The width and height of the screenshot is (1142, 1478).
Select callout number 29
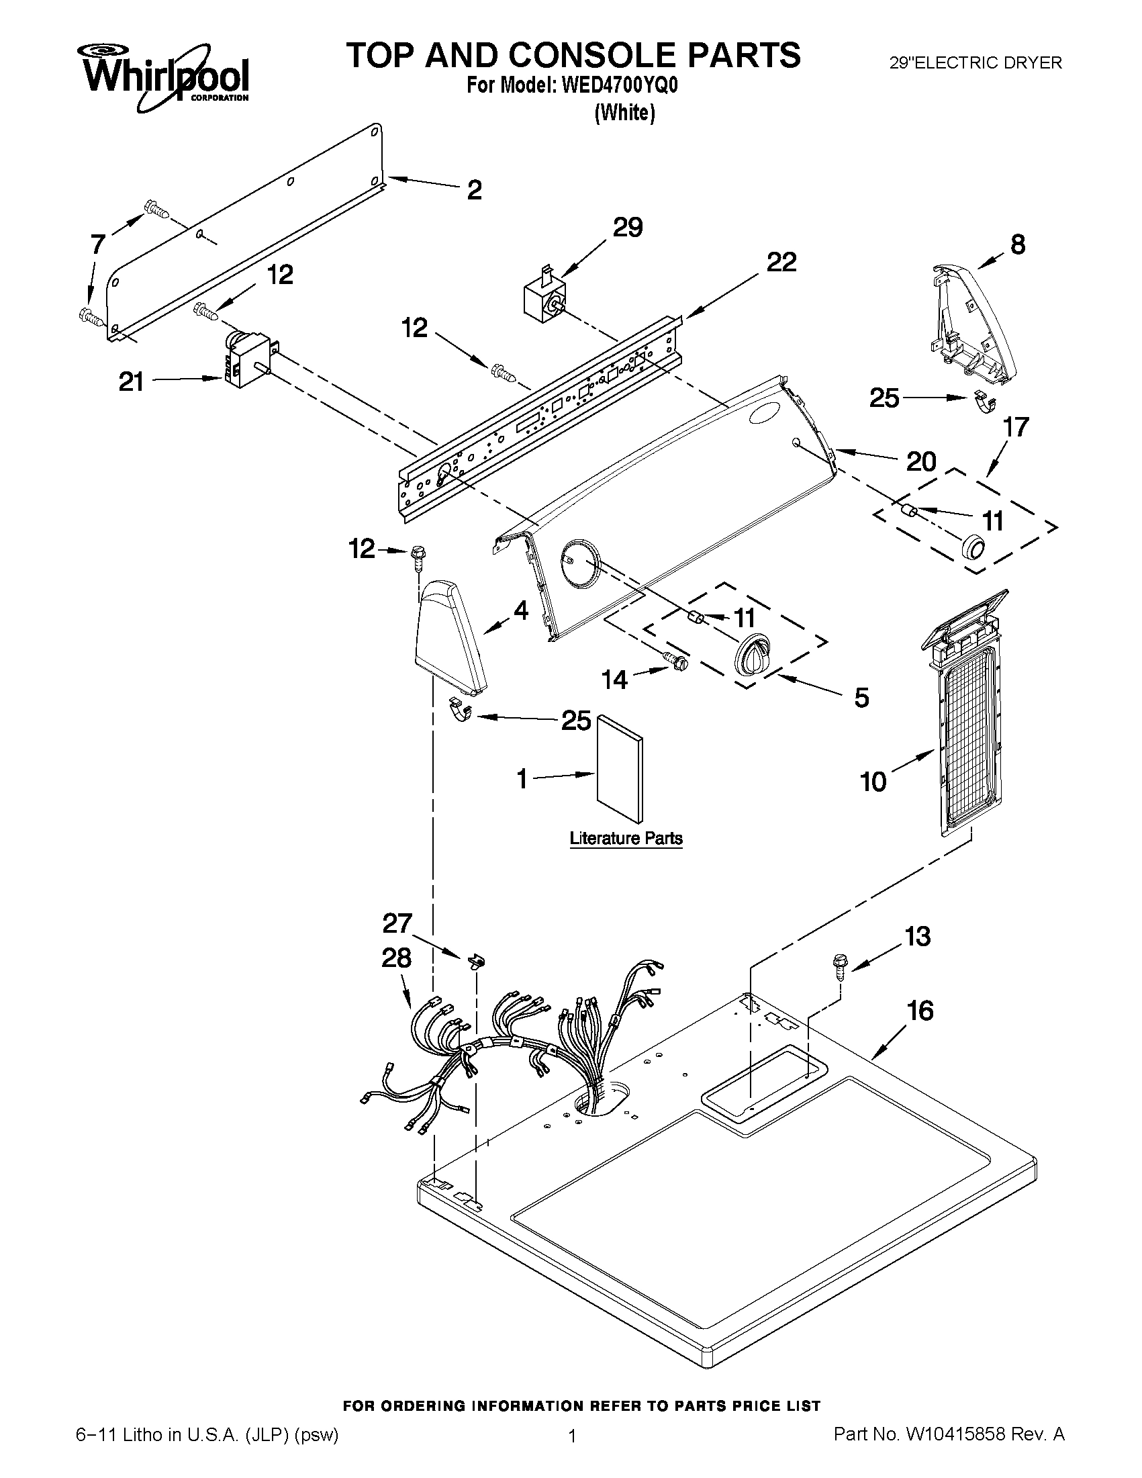coord(627,228)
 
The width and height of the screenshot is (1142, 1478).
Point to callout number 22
coord(781,262)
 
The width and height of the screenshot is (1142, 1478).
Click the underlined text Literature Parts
coord(626,839)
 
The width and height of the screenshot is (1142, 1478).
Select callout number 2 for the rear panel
coord(475,190)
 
